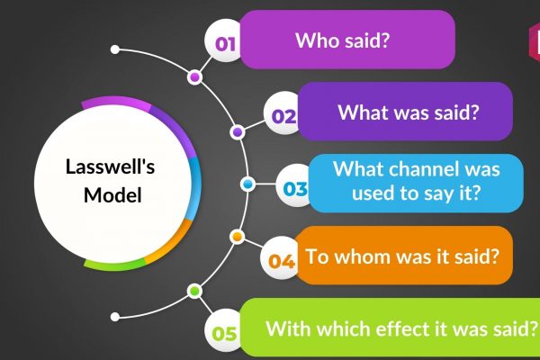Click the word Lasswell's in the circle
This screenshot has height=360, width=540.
click(110, 166)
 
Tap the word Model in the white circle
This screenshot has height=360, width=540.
click(112, 195)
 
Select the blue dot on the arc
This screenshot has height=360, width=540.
click(247, 184)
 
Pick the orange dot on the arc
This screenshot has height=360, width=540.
click(237, 237)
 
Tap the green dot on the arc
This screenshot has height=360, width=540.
click(195, 292)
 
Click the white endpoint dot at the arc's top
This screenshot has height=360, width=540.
click(115, 49)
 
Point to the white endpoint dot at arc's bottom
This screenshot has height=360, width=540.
click(115, 317)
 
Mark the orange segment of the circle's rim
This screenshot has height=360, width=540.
click(172, 243)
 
